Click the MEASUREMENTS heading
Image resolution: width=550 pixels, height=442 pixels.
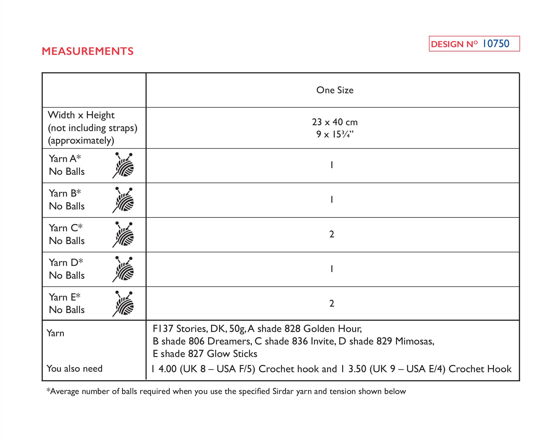pos(87,51)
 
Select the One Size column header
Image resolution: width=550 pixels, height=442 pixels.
pos(335,90)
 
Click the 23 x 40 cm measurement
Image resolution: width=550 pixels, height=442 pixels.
pos(335,122)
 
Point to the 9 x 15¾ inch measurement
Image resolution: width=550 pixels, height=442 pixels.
pos(335,134)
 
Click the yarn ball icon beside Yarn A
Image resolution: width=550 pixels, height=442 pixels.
pos(124,165)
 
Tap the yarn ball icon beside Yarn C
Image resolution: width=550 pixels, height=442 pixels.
pos(124,234)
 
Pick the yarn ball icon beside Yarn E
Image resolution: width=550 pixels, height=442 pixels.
pos(124,303)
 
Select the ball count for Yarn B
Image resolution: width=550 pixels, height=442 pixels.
pos(332,200)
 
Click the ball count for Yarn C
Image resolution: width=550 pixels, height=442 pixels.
pos(332,234)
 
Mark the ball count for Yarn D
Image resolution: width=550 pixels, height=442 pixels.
pos(332,269)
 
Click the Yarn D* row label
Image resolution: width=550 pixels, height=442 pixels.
pos(66,262)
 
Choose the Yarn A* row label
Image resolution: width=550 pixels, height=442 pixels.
pos(65,159)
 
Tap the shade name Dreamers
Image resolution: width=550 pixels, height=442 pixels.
pos(229,341)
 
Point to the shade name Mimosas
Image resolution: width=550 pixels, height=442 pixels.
pos(415,341)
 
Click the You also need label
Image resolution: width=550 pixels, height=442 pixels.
pos(74,368)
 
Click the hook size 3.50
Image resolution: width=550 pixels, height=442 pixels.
pos(357,369)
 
